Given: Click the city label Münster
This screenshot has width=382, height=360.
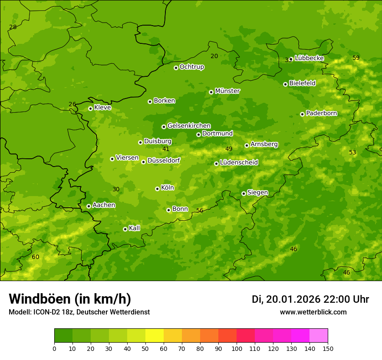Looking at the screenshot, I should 227,91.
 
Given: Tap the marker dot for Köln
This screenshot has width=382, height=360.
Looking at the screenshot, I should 157,189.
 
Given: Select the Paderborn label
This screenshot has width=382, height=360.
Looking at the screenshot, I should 321,113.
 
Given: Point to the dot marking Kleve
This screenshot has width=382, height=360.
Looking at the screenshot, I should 90,108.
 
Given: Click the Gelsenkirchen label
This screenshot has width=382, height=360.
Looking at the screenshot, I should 189,126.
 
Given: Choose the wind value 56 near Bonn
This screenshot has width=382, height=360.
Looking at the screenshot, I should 200,210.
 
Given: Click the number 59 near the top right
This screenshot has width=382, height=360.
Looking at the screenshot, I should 356,58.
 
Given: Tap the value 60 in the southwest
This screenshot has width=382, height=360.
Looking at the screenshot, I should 36,257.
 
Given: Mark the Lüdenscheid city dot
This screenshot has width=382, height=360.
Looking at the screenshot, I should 216,164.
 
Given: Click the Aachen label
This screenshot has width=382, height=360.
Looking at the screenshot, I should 104,205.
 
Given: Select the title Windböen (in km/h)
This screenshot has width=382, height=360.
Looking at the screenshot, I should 70,299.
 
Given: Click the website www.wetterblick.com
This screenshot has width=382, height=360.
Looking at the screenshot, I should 313,312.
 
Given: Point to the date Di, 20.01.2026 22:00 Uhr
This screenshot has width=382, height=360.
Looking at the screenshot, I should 310,299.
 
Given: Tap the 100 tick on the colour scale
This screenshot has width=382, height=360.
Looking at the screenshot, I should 237,348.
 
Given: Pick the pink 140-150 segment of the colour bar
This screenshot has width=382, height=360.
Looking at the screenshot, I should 319,336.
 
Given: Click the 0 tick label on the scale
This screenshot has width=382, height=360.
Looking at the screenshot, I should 54,348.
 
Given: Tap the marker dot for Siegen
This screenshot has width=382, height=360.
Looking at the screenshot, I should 244,193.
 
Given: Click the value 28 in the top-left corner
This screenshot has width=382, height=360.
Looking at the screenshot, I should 13,27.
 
